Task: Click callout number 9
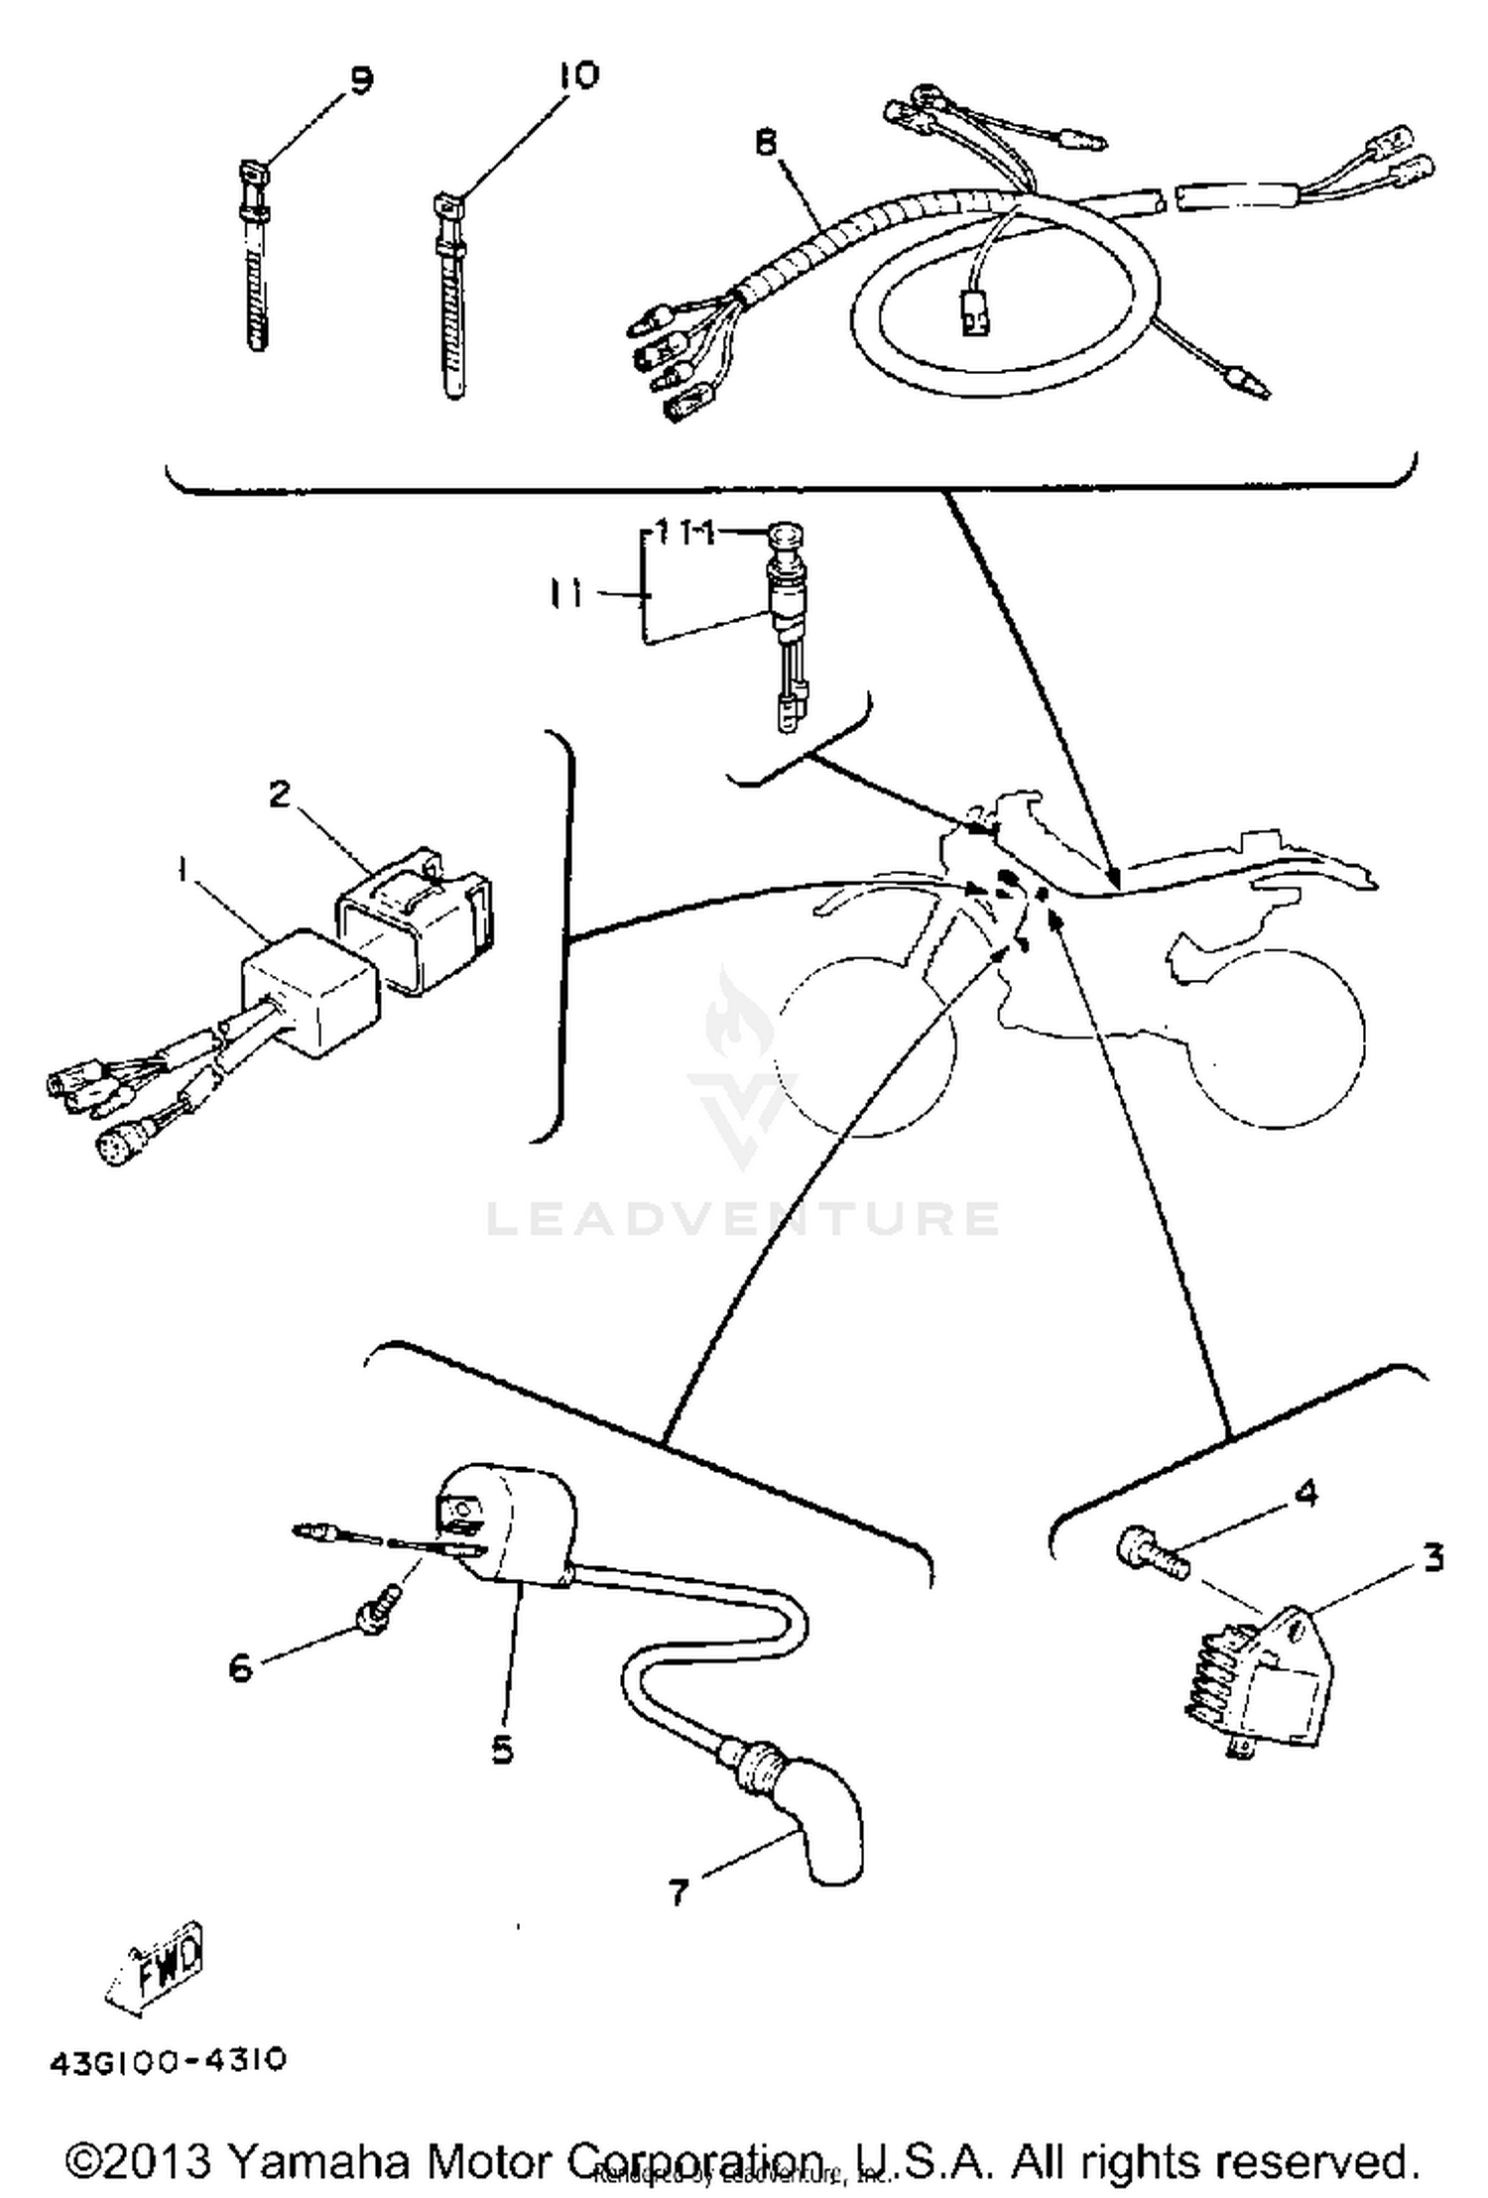tap(360, 80)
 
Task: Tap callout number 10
tap(578, 76)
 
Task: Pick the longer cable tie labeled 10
tap(449, 298)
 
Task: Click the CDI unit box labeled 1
tap(296, 992)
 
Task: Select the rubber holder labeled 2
tap(415, 916)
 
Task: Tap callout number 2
tap(280, 794)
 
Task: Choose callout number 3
tap(1432, 1558)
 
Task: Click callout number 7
tap(678, 1892)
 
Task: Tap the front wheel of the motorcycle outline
tap(863, 1046)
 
